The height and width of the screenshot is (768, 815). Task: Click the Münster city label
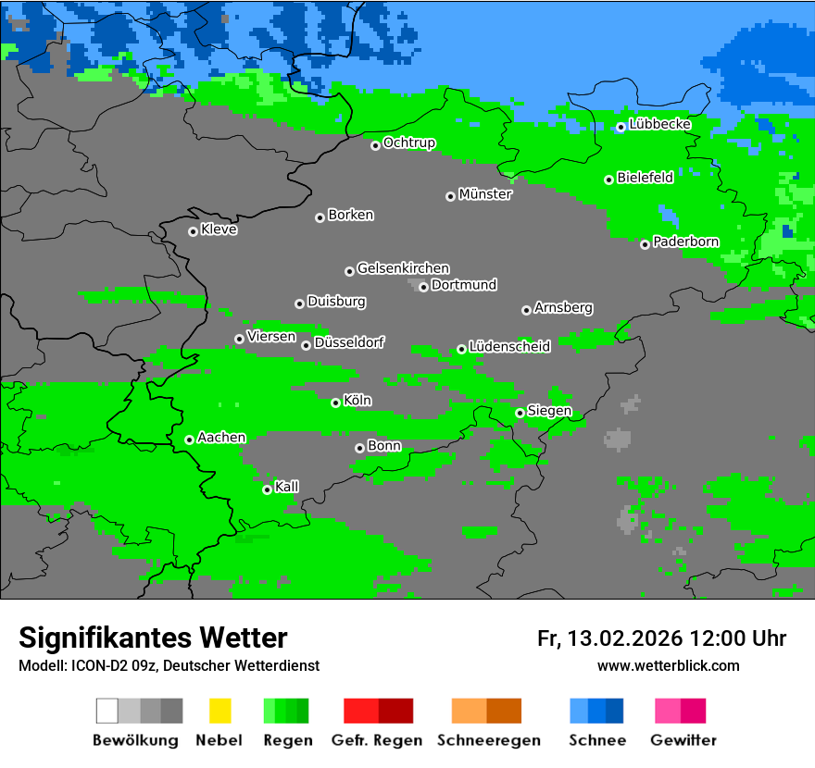[x=485, y=194]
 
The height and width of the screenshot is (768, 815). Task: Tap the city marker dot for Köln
[x=335, y=403]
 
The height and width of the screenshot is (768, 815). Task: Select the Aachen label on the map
[x=221, y=438]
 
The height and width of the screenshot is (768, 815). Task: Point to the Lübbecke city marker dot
[x=621, y=128]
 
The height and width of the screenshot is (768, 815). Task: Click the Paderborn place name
[x=685, y=242]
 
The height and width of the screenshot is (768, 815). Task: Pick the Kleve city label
[x=219, y=229]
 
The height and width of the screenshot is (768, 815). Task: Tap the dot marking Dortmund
[x=423, y=287]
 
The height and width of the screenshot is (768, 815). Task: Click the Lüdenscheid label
[x=509, y=347]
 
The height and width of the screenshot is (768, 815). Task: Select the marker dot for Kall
[x=267, y=489]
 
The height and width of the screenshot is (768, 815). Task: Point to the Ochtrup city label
[x=409, y=143]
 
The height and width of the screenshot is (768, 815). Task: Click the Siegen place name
[x=549, y=411]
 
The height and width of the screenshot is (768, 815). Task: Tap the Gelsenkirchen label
[x=403, y=268]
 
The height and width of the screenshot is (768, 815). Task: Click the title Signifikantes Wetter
[x=153, y=638]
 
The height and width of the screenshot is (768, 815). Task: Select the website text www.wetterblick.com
[x=668, y=665]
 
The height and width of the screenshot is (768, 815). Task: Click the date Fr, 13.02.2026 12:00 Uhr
[x=661, y=638]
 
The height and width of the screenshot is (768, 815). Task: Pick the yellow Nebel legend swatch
[x=219, y=711]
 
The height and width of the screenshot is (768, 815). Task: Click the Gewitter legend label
[x=683, y=740]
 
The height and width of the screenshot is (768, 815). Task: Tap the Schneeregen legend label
[x=488, y=740]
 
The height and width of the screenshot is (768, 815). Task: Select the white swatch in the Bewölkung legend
[x=107, y=711]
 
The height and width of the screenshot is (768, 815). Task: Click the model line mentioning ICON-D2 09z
[x=169, y=665]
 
